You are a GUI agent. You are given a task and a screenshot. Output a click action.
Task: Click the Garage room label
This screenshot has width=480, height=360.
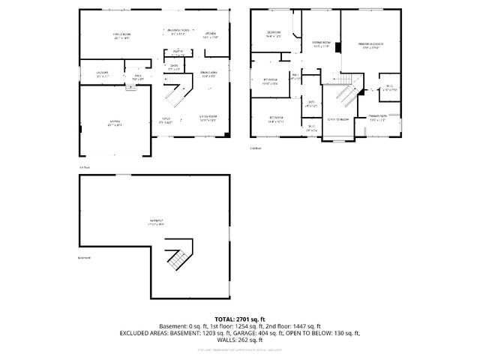pyautogui.click(x=115, y=121)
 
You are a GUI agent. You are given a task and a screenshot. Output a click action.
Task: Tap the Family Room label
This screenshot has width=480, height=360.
pyautogui.click(x=122, y=35)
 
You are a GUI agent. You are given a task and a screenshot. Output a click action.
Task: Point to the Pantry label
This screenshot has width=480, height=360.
pyautogui.click(x=178, y=52)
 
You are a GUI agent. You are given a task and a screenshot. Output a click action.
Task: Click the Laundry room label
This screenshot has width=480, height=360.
pyautogui.click(x=102, y=74)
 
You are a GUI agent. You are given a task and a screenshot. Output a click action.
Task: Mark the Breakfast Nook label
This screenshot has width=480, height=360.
pyautogui.click(x=177, y=32)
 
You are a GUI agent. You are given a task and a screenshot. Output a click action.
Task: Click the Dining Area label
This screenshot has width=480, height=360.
pyautogui.click(x=209, y=74)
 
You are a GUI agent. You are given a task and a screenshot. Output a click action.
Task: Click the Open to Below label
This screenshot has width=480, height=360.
pyautogui.click(x=337, y=119)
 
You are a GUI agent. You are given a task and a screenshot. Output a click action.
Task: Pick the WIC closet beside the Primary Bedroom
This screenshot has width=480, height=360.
pyautogui.click(x=389, y=88)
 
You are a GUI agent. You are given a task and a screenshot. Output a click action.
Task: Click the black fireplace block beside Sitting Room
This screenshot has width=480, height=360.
pyautogui.click(x=338, y=47)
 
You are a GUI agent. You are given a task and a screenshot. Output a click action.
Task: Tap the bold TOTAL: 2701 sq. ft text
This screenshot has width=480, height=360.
pyautogui.click(x=240, y=319)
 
